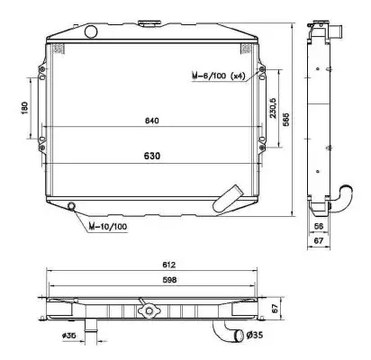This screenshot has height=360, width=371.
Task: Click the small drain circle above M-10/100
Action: point(73,208)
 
